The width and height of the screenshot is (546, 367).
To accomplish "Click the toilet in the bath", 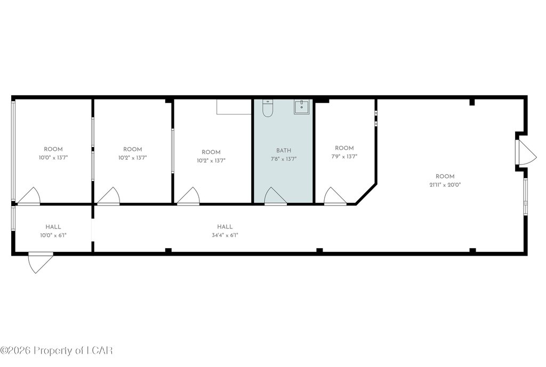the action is pyautogui.click(x=268, y=108).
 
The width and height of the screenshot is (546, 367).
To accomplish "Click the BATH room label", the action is pyautogui.click(x=284, y=151).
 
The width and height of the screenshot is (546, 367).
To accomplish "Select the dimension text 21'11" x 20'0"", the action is pyautogui.click(x=445, y=185).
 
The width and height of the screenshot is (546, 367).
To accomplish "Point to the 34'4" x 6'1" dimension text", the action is pyautogui.click(x=225, y=235).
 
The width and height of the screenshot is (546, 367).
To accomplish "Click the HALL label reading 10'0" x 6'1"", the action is pyautogui.click(x=53, y=227).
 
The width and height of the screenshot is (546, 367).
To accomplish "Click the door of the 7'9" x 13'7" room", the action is pyautogui.click(x=335, y=196).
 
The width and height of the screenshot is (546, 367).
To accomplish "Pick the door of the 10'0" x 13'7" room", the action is pyautogui.click(x=29, y=196).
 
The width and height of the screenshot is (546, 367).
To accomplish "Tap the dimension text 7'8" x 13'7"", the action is pyautogui.click(x=284, y=159).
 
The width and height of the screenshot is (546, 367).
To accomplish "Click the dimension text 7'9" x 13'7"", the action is pyautogui.click(x=344, y=157).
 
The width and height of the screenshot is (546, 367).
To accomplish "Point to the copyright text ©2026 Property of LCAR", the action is pyautogui.click(x=57, y=350).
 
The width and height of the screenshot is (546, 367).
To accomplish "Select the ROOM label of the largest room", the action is pyautogui.click(x=445, y=176).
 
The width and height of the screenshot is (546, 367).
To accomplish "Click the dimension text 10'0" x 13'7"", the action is pyautogui.click(x=53, y=158).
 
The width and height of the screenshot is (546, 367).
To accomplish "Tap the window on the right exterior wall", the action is pyautogui.click(x=525, y=197).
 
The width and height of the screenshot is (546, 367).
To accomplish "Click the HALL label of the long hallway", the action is pyautogui.click(x=225, y=227).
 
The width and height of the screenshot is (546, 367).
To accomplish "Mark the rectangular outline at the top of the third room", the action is pyautogui.click(x=234, y=107).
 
